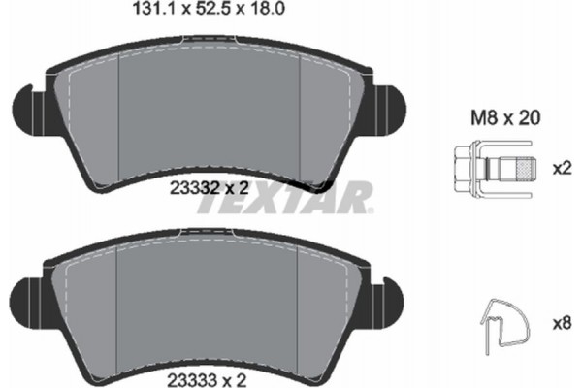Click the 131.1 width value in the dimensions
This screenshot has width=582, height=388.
(153, 9)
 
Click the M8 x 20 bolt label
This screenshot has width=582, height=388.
(505, 118)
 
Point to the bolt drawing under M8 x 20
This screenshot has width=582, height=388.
(494, 169)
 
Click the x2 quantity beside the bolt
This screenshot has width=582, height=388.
(562, 169)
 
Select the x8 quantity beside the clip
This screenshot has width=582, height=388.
(562, 324)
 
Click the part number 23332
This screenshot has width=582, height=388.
(194, 188)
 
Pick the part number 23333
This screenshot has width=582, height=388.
(192, 380)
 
